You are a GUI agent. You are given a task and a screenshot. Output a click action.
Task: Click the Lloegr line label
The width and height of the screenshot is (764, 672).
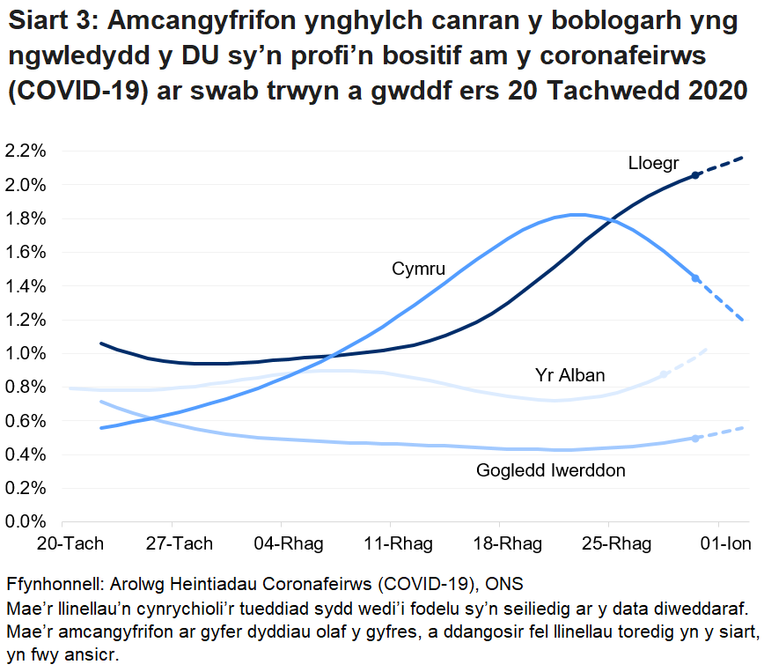pyautogui.click(x=653, y=163)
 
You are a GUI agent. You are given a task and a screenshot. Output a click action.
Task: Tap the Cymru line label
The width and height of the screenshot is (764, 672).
pyautogui.click(x=418, y=269)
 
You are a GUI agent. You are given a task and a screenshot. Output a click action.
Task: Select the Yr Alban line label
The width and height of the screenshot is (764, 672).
pyautogui.click(x=569, y=376)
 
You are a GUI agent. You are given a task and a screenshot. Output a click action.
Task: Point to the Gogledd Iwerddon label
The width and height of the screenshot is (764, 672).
pyautogui.click(x=551, y=470)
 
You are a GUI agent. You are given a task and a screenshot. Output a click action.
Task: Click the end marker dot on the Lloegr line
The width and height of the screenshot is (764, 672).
pyautogui.click(x=695, y=175)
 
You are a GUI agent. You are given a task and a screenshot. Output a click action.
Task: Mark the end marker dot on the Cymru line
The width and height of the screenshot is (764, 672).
pyautogui.click(x=695, y=278)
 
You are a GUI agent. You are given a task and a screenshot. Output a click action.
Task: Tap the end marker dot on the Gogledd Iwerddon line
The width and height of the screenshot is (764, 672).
pyautogui.click(x=695, y=438)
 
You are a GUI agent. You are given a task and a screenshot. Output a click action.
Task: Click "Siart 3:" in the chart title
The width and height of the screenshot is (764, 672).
pyautogui.click(x=62, y=23)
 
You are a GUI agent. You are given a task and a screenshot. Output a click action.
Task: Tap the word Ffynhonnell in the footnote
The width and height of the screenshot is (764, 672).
pyautogui.click(x=52, y=586)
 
